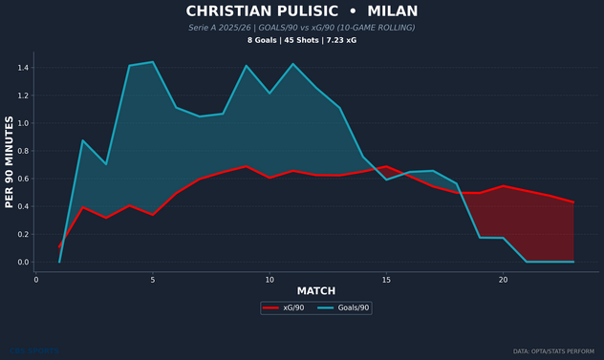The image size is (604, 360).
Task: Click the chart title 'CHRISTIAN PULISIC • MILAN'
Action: (302, 11)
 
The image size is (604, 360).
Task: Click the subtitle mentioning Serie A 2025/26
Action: (302, 28)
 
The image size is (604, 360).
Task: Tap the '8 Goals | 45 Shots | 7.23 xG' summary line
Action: (302, 41)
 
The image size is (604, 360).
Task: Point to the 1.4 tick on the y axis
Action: (23, 68)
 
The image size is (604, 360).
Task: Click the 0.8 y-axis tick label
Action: (23, 151)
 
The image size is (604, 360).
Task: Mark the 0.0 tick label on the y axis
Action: (23, 262)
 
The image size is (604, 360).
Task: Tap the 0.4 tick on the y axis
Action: (23, 206)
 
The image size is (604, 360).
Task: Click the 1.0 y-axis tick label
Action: (23, 123)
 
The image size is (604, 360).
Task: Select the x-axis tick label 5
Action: (153, 280)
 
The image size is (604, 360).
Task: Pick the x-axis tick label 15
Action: (386, 280)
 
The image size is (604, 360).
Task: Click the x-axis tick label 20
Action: (503, 280)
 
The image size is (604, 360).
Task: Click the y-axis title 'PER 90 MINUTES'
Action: (10, 162)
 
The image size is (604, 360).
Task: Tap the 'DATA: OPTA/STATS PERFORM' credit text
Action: (554, 351)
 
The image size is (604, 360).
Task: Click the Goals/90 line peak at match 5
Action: (153, 62)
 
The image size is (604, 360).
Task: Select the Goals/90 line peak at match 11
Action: (292, 64)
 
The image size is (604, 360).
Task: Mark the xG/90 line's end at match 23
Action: (573, 202)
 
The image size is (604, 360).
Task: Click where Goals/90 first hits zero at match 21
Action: (527, 262)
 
